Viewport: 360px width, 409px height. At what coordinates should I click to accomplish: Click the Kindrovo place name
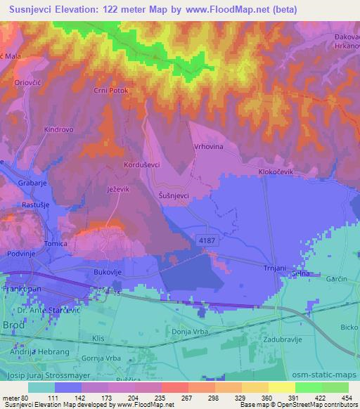[x=59, y=130]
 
